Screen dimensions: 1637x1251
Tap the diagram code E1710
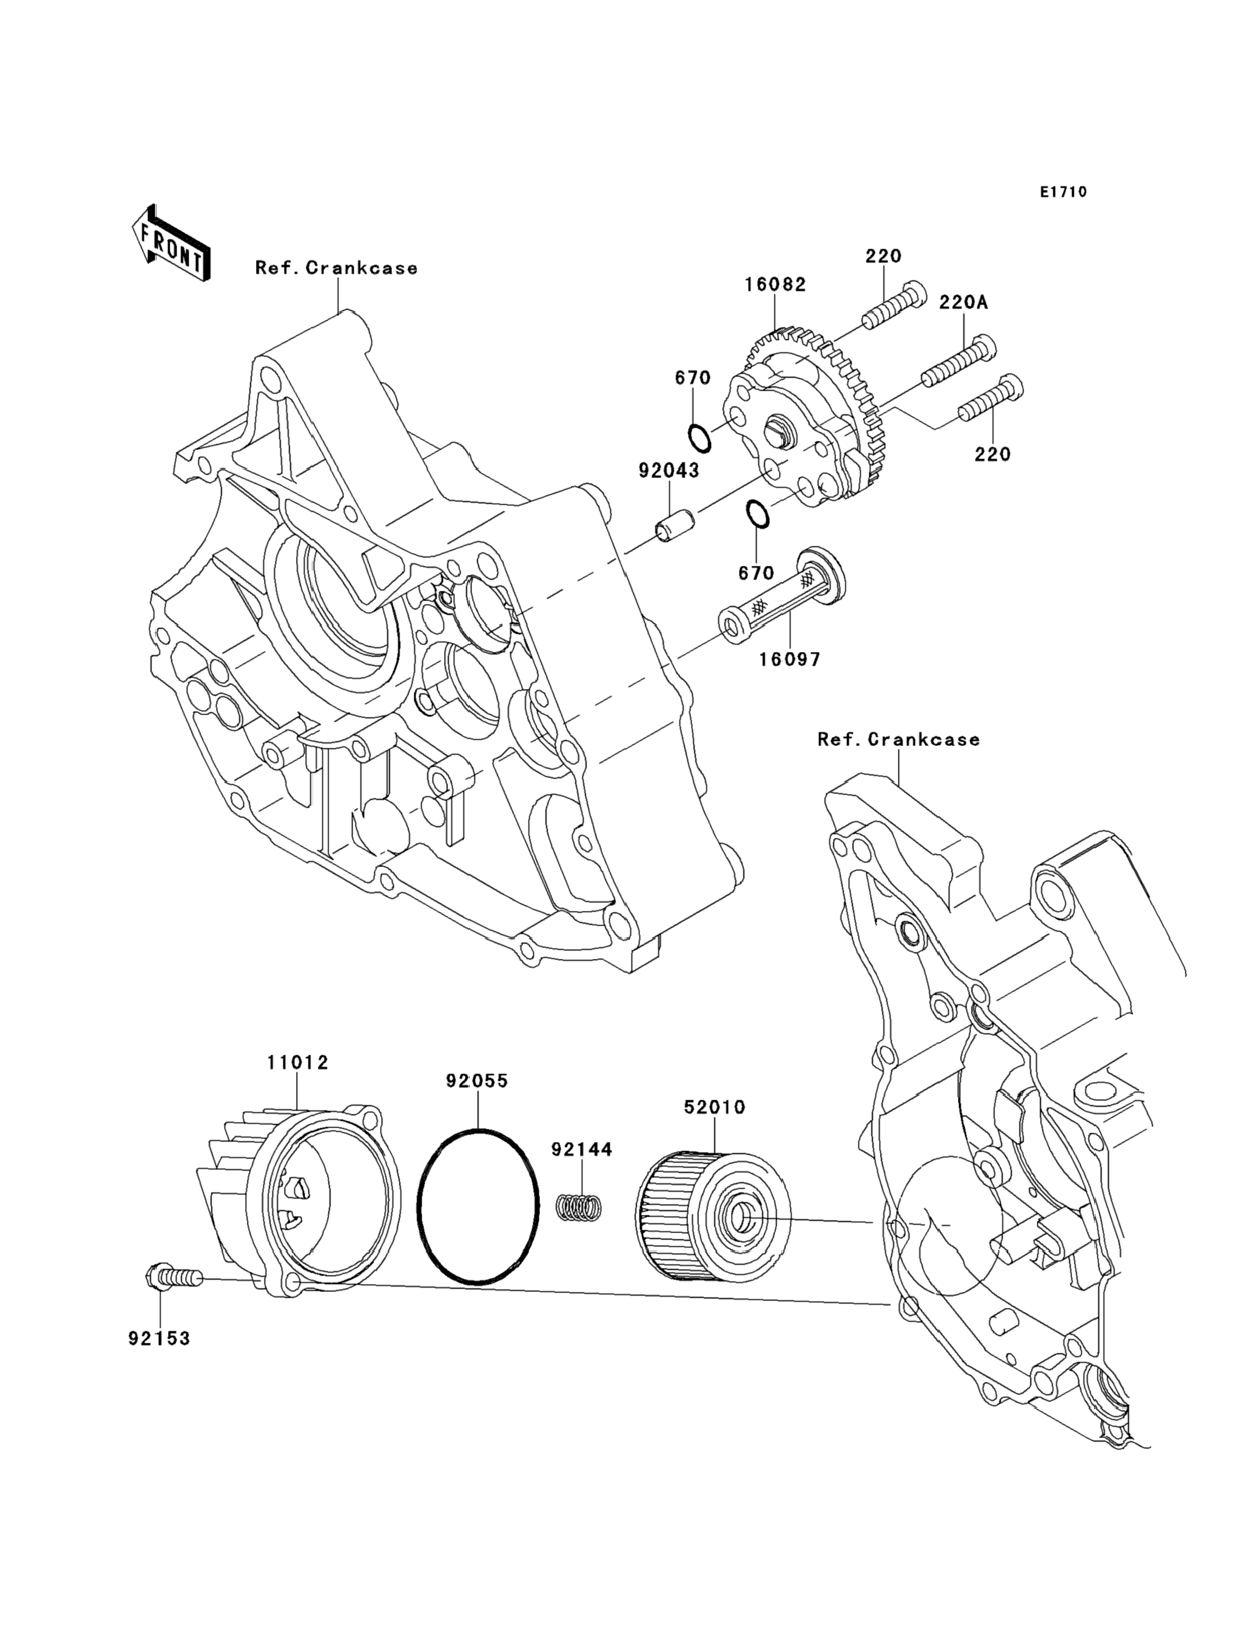(x=1064, y=192)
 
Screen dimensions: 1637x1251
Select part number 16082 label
(x=775, y=284)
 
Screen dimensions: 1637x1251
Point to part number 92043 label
(x=669, y=471)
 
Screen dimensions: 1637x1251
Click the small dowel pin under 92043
(x=675, y=521)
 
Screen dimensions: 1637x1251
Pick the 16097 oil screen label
(x=789, y=659)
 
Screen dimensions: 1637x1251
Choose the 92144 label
(x=582, y=1149)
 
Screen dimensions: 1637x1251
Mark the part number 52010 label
(x=714, y=1107)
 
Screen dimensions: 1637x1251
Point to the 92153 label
(x=160, y=1338)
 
